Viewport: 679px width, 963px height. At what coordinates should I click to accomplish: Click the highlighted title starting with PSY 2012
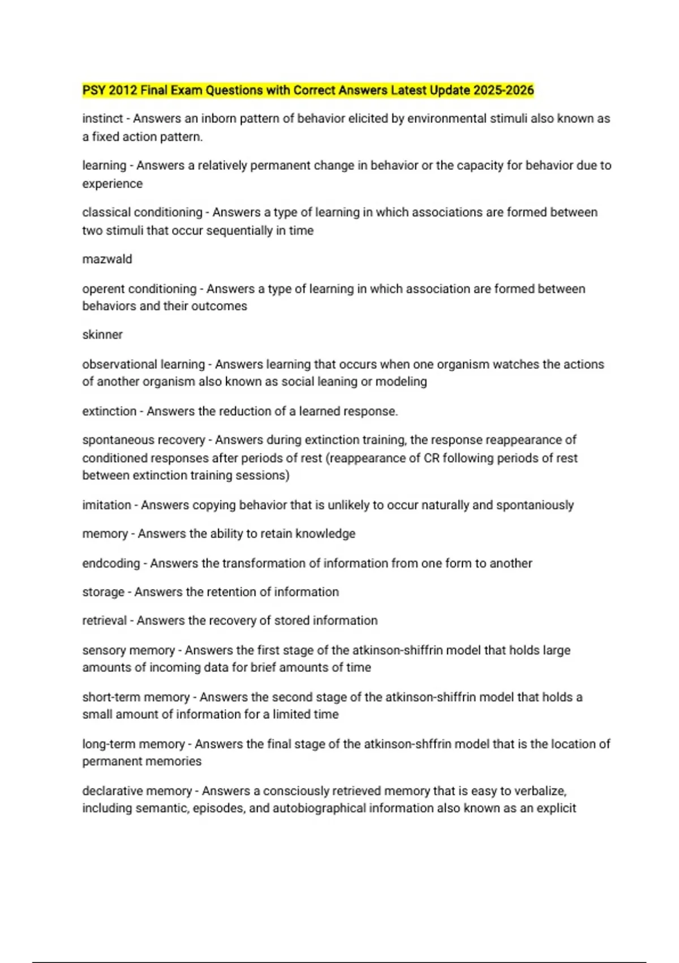[308, 90]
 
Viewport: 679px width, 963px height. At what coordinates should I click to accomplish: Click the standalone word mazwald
[107, 259]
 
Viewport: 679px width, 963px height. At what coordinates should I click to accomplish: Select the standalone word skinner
[102, 335]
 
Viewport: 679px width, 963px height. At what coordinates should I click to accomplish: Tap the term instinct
[102, 119]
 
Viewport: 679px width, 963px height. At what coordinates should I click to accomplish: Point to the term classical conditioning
[142, 212]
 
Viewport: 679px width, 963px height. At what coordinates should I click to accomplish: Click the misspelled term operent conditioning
[139, 289]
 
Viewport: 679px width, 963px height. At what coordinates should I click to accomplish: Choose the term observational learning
[143, 364]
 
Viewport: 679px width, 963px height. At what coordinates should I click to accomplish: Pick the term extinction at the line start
[109, 411]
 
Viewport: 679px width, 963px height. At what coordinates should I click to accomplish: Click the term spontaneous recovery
[143, 440]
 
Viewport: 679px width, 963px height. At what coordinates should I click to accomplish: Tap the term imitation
[106, 505]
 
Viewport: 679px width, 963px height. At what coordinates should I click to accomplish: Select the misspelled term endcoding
[111, 564]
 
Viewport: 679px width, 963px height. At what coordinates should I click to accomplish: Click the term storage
[103, 592]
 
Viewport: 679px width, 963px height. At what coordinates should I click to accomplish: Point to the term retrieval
[105, 621]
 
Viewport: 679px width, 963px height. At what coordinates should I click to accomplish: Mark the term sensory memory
[128, 650]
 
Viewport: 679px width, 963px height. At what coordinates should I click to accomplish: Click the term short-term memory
[136, 697]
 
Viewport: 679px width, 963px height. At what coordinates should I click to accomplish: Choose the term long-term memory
[134, 744]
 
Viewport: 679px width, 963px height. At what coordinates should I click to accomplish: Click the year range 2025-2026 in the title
[504, 90]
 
